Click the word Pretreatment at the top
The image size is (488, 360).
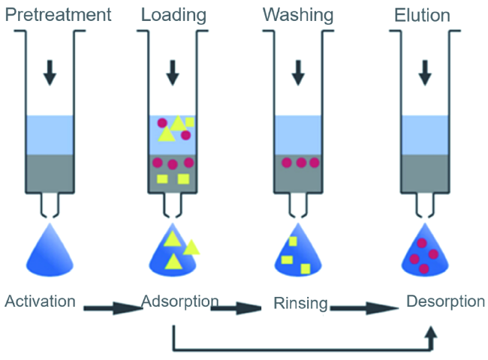[58, 14]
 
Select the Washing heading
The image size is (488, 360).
[299, 14]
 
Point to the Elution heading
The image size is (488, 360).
[423, 14]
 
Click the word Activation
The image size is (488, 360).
[41, 301]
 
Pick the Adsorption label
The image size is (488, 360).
[180, 301]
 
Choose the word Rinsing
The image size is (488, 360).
[300, 303]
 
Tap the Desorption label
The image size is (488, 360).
[445, 301]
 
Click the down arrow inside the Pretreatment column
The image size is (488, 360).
[50, 72]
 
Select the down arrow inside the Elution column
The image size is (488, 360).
[425, 72]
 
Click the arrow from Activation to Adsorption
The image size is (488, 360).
[113, 307]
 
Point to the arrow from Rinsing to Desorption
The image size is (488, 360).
[363, 307]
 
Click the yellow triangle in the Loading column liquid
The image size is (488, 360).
[178, 124]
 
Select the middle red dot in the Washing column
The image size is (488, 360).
[301, 162]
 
